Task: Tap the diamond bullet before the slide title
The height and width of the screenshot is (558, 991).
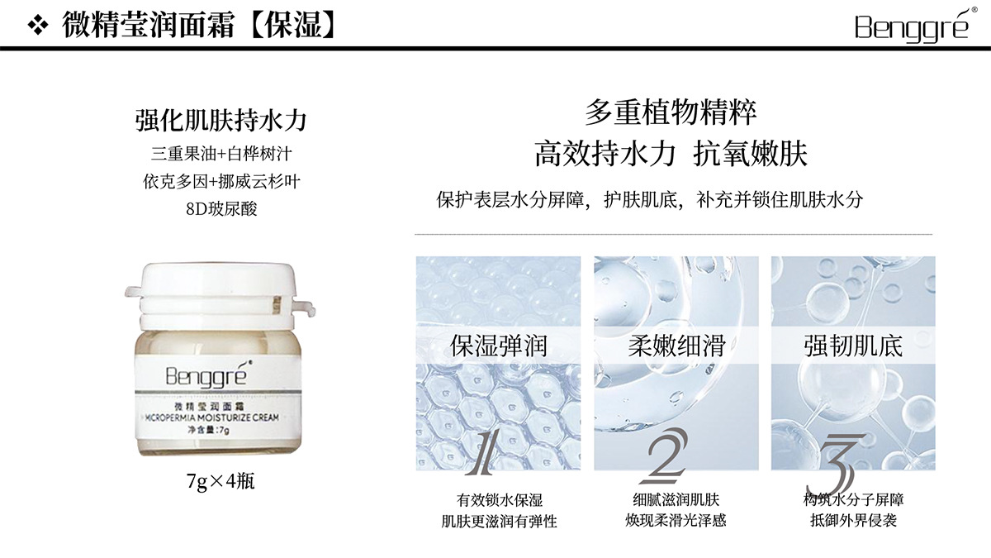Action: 38,26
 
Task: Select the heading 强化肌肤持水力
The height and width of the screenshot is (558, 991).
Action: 220,120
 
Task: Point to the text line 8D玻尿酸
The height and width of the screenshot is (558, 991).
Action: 221,208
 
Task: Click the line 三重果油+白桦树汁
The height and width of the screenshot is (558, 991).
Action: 221,154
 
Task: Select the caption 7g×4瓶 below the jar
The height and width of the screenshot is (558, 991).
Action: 220,481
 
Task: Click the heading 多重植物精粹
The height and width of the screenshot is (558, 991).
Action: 671,112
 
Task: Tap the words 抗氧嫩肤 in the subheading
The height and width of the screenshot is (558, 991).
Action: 751,154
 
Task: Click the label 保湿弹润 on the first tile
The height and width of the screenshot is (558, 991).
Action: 498,346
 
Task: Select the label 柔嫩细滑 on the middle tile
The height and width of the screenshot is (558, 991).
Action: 676,346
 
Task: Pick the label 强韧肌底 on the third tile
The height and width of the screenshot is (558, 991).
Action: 853,346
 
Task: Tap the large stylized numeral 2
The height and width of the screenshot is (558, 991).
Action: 665,455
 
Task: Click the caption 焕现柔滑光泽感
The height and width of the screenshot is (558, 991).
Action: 676,520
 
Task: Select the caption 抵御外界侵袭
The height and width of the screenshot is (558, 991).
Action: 853,520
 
